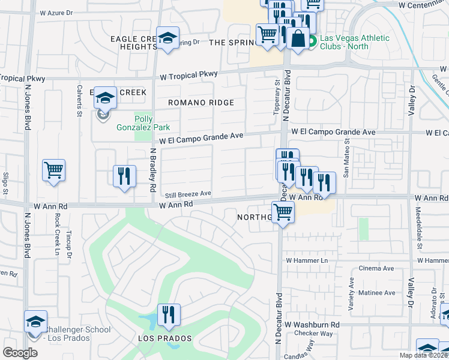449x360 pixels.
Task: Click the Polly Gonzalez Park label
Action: click(152, 123)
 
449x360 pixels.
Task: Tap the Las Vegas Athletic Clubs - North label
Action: click(354, 43)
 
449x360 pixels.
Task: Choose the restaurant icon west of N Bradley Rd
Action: click(124, 176)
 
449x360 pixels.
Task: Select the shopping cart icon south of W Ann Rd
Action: click(283, 211)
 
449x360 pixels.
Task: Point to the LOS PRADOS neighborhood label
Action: click(165, 338)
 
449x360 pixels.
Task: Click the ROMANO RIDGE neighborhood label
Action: click(200, 103)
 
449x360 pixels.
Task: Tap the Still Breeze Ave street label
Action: click(188, 194)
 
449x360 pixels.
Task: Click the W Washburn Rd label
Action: click(312, 325)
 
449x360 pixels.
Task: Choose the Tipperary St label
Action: click(277, 98)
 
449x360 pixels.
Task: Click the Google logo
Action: click(20, 353)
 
